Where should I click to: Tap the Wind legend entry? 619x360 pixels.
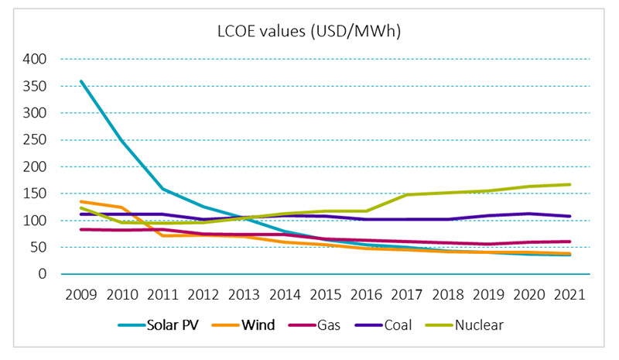pyautogui.click(x=258, y=325)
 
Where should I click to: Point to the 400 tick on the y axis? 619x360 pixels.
pyautogui.click(x=36, y=59)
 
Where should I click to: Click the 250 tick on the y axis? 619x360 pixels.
pyautogui.click(x=36, y=139)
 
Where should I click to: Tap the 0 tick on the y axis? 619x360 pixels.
pyautogui.click(x=43, y=274)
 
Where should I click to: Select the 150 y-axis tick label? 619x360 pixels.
pyautogui.click(x=36, y=194)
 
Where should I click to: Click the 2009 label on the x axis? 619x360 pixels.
pyautogui.click(x=81, y=295)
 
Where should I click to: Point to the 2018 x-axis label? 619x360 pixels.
pyautogui.click(x=448, y=295)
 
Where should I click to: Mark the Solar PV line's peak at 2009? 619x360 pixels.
pyautogui.click(x=81, y=81)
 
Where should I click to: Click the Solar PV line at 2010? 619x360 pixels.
pyautogui.click(x=121, y=141)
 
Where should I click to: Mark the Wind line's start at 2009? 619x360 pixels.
pyautogui.click(x=81, y=201)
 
